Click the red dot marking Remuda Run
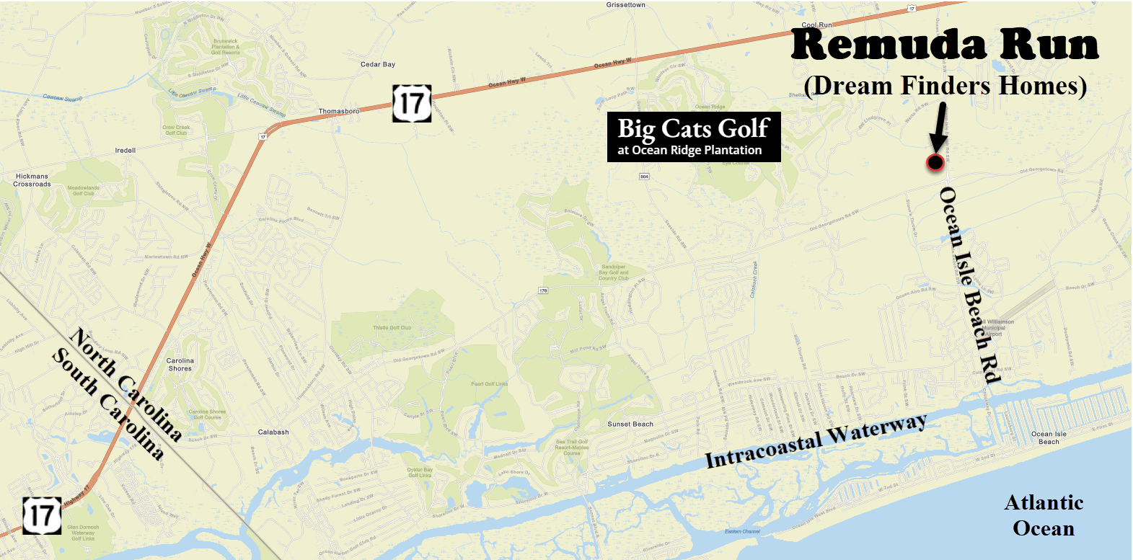[935, 163]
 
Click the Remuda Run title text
[945, 45]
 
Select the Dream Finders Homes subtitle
[945, 86]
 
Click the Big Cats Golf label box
[694, 137]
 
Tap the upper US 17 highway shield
[412, 103]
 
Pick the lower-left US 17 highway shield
[42, 515]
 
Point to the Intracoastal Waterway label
[816, 441]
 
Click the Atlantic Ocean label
[1044, 515]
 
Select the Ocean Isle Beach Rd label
[970, 285]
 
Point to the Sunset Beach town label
[630, 425]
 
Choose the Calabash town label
[273, 432]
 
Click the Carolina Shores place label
[180, 365]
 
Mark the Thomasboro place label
[339, 112]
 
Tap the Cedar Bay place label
[378, 65]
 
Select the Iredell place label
[125, 151]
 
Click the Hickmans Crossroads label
[32, 180]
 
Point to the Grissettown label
[625, 5]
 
